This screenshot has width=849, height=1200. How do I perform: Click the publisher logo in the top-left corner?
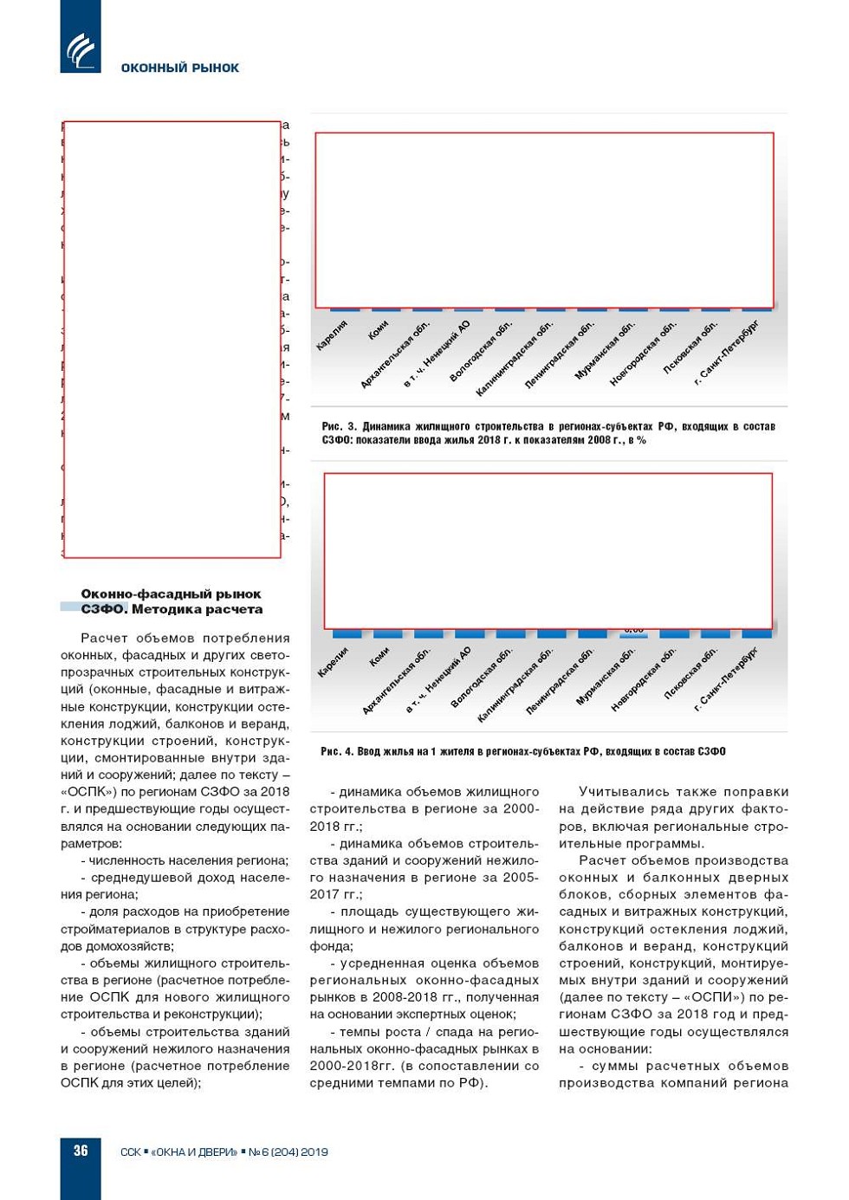point(81,50)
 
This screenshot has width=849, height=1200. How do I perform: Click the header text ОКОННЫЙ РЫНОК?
point(179,68)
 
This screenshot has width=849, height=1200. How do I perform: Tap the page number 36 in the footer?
point(81,1151)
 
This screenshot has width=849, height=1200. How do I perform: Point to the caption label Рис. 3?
point(339,426)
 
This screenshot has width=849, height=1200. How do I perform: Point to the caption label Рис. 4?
point(337,751)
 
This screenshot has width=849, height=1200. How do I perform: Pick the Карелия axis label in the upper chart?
point(332,334)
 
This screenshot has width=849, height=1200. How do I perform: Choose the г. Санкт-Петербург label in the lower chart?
point(727,678)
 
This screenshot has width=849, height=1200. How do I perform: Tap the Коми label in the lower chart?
point(379,658)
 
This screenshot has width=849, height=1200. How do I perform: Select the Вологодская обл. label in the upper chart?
point(481,351)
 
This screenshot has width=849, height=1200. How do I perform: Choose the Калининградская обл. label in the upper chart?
point(514,359)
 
